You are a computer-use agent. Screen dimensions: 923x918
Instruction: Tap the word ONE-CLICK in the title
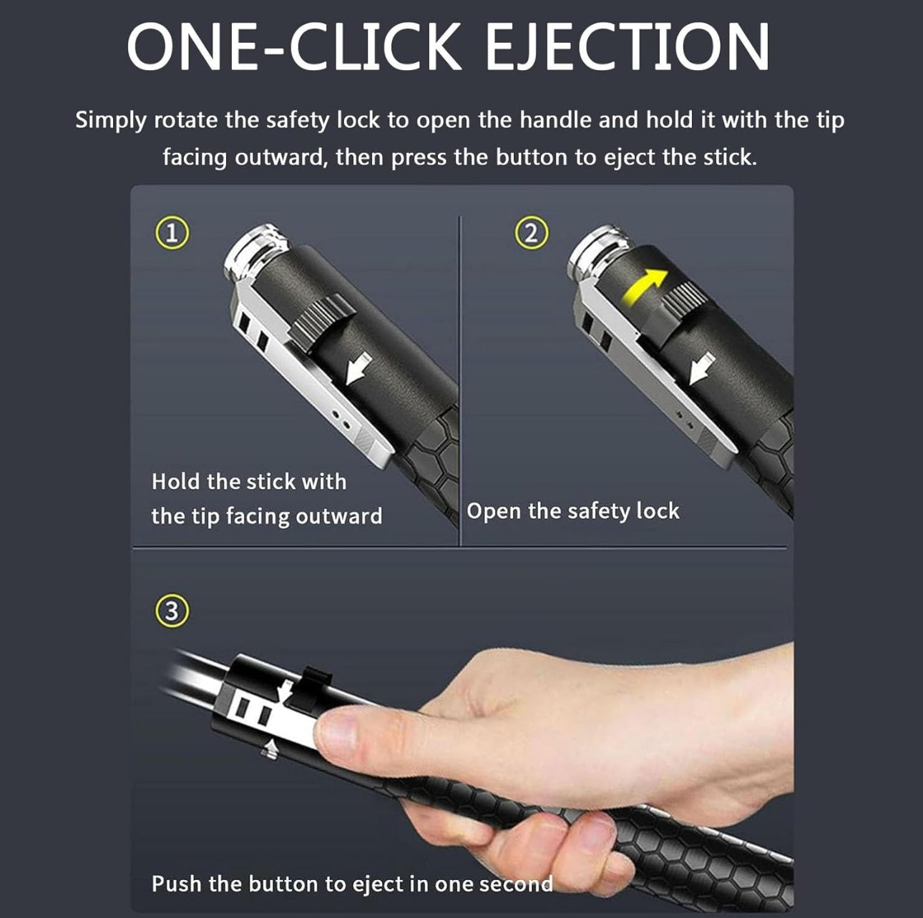point(293,47)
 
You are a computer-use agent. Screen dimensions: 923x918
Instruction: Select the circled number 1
point(172,233)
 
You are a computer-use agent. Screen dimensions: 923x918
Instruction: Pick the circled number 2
point(532,233)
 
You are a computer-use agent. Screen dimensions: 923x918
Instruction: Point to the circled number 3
point(172,611)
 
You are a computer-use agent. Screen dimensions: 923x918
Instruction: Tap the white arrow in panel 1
point(358,368)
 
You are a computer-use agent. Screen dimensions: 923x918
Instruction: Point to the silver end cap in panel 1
point(255,251)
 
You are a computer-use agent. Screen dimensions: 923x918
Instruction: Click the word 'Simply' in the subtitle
point(111,121)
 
